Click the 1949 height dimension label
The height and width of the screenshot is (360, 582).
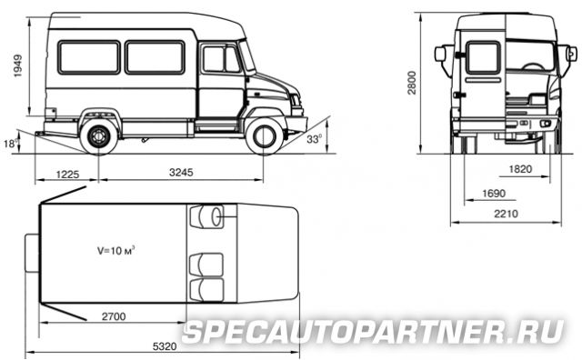click(x=17, y=66)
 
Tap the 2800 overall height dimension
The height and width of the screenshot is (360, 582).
click(x=412, y=83)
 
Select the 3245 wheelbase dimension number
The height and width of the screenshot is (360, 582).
click(x=181, y=172)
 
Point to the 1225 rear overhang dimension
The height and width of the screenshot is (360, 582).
click(x=67, y=174)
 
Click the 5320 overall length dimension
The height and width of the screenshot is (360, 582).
click(x=165, y=346)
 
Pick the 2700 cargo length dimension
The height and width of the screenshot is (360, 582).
click(x=114, y=316)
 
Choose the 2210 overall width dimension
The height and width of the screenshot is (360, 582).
click(x=506, y=214)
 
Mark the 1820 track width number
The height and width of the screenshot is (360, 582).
click(x=520, y=169)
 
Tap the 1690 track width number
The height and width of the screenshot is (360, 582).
click(x=494, y=194)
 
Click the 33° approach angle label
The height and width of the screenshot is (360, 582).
click(x=315, y=140)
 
